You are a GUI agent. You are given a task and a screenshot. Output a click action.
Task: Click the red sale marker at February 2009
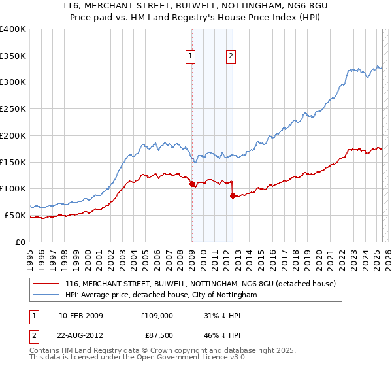coord(192,184)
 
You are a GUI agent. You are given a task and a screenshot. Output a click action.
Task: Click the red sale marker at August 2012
coord(233,195)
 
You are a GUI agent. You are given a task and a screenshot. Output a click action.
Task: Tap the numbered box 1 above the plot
coord(190,56)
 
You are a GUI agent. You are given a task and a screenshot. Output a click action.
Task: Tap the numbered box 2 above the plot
coord(231,56)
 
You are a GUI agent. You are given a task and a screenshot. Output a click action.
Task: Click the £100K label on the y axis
coord(13,188)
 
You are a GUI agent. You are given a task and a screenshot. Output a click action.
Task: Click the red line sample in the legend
coord(45,284)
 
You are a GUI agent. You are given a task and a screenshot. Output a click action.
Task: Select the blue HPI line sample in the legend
coord(45,295)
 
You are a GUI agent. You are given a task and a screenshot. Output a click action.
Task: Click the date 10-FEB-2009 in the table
coord(85,316)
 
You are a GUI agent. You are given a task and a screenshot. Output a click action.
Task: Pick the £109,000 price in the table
coord(156,316)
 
